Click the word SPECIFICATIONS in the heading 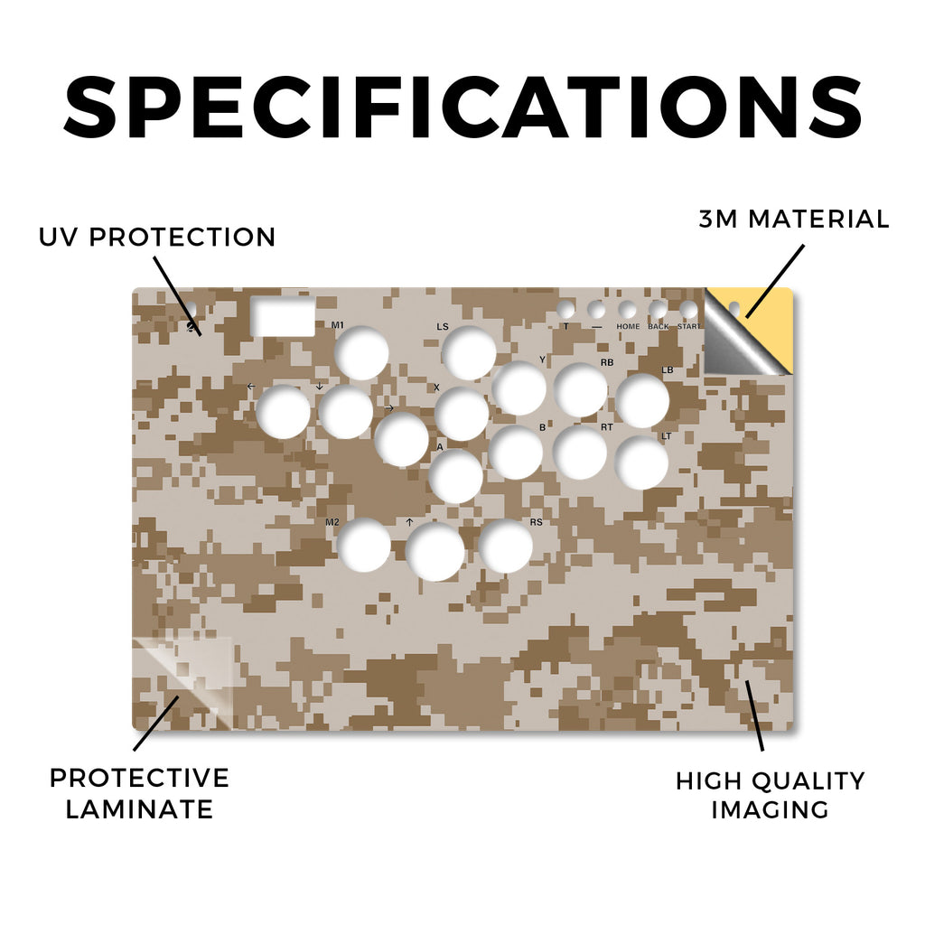point(462,107)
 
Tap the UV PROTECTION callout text point(157,238)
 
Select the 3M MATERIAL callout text point(793,219)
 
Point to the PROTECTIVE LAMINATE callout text point(139,793)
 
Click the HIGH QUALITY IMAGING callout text point(770,795)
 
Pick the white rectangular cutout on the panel point(283,316)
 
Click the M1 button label point(338,325)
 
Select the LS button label point(443,326)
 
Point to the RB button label point(607,362)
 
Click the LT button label point(666,436)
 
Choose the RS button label point(536,522)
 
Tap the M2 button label point(332,522)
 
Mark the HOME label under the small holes point(628,326)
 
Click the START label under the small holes point(688,326)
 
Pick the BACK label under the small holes point(659,326)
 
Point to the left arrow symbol point(251,387)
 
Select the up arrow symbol point(409,522)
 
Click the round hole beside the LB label point(642,400)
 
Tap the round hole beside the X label point(462,414)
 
